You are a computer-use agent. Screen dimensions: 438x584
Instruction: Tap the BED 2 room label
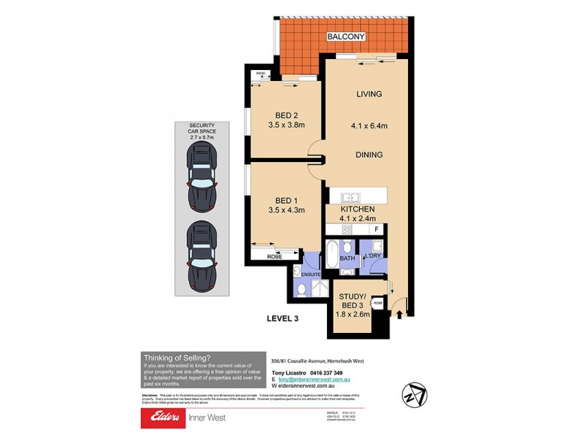[287, 115]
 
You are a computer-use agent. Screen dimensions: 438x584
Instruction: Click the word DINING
[369, 155]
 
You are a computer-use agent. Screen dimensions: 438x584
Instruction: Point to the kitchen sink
[349, 197]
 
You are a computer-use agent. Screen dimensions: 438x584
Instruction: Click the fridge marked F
[376, 229]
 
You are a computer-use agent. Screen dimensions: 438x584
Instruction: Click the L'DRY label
[373, 255]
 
